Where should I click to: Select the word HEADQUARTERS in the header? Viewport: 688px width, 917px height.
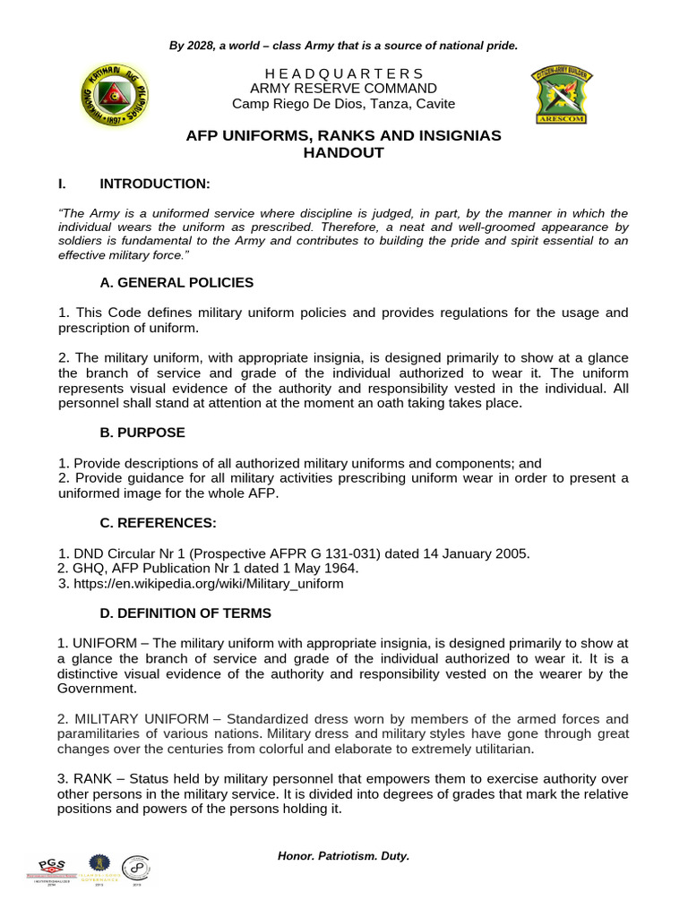point(343,73)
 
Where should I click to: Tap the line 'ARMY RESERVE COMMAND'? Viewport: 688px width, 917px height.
point(343,89)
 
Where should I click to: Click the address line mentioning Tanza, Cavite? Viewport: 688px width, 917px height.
point(343,104)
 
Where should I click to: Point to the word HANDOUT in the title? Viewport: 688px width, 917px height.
point(343,153)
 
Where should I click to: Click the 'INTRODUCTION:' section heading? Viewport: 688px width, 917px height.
point(154,184)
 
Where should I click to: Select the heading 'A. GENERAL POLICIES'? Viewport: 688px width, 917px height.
point(176,283)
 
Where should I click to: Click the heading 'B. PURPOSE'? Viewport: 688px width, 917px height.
point(142,433)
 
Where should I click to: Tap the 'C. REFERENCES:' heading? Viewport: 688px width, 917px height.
point(158,523)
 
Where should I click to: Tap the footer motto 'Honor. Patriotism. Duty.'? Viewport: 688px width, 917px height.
point(343,856)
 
